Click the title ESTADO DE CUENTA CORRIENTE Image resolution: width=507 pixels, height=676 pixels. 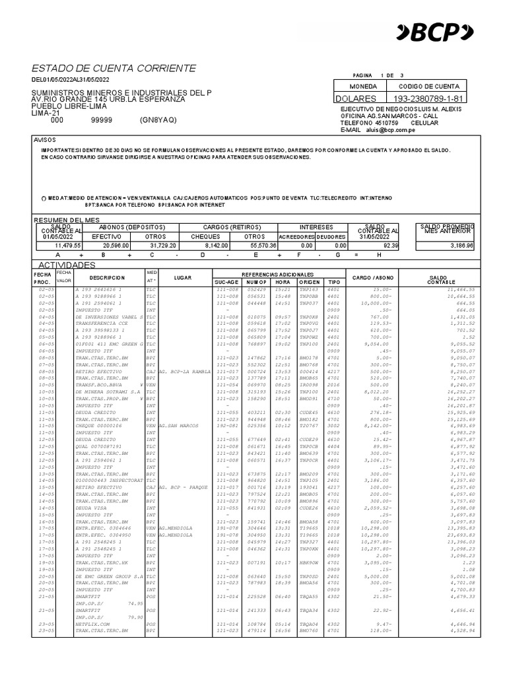pyautogui.click(x=114, y=69)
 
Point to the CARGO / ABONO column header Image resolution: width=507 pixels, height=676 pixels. pyautogui.click(x=373, y=278)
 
